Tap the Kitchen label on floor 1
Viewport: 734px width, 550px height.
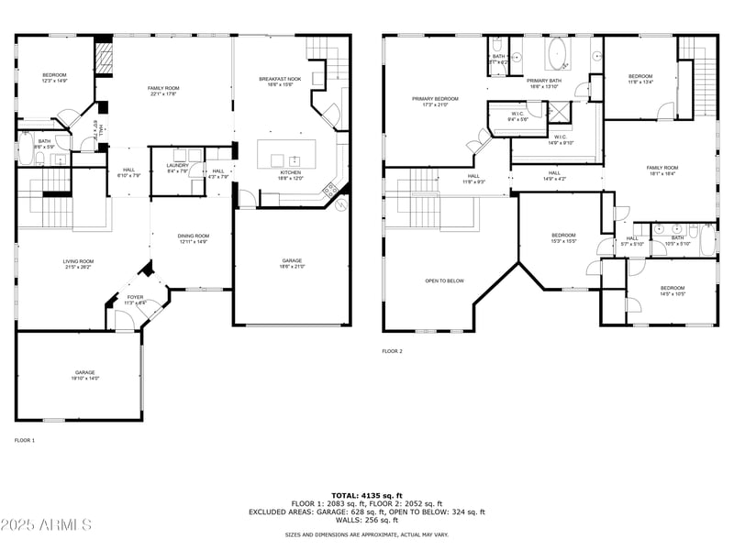(x=291, y=173)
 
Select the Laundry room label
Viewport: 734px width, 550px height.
(x=178, y=166)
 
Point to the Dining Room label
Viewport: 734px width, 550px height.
(x=193, y=237)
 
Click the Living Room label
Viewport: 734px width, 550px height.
(x=79, y=263)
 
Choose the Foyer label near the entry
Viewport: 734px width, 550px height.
(x=135, y=299)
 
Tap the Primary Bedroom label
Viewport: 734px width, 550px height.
(x=435, y=100)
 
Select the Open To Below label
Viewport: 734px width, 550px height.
(x=444, y=280)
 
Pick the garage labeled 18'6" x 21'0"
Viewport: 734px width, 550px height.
(x=292, y=263)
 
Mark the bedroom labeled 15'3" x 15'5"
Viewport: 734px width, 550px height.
(x=563, y=237)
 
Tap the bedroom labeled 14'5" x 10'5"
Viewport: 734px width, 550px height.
(x=673, y=291)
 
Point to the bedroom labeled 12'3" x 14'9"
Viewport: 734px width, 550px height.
(x=54, y=77)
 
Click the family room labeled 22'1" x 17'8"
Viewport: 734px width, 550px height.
(x=163, y=90)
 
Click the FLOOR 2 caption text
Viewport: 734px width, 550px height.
(x=392, y=351)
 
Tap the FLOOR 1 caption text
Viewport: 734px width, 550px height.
(x=25, y=441)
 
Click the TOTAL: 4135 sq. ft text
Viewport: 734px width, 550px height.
(x=367, y=495)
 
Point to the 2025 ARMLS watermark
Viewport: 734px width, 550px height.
(x=46, y=525)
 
